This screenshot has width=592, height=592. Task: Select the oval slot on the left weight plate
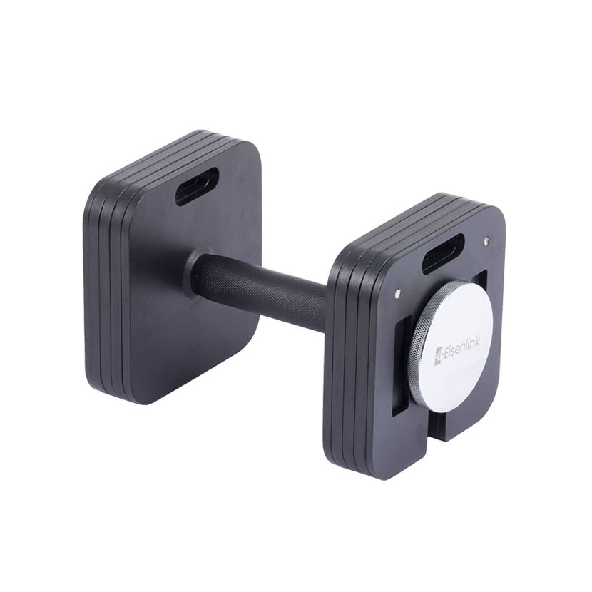point(197,186)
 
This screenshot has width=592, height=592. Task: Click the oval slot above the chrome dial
point(443,253)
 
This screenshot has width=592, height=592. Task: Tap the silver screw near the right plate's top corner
point(486,241)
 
